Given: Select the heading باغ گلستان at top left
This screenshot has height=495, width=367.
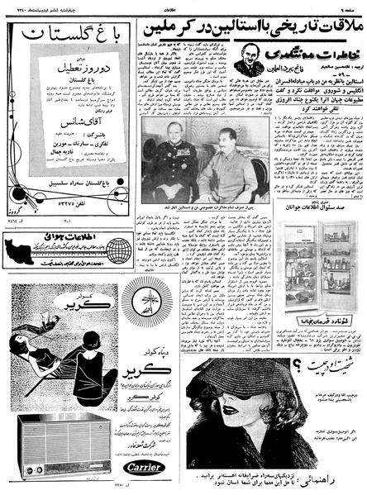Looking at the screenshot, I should click(78, 37).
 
